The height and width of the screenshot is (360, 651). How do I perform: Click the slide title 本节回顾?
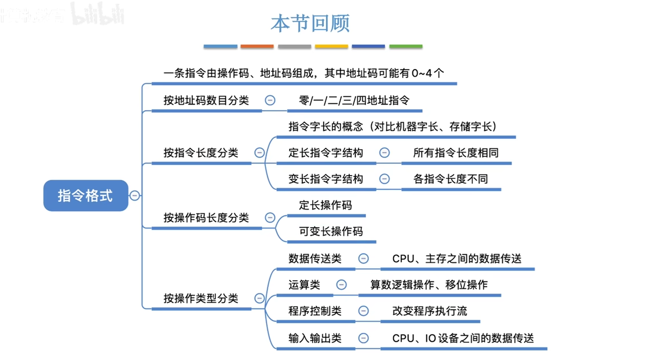[x=310, y=24]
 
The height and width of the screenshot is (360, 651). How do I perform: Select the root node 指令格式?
[x=86, y=196]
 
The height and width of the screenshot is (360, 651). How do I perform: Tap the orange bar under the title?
[x=257, y=46]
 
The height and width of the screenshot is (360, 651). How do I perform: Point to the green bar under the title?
[x=406, y=46]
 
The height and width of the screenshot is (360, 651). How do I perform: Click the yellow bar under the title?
[x=331, y=46]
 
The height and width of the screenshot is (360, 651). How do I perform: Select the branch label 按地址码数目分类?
[x=206, y=100]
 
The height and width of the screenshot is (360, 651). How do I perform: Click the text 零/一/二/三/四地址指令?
[x=354, y=100]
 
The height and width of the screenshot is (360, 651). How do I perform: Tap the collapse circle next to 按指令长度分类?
[x=260, y=153]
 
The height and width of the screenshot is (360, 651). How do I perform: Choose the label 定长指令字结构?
[x=326, y=153]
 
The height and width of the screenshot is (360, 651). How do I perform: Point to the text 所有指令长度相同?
[x=456, y=153]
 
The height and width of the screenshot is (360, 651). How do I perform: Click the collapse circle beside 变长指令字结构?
[x=384, y=178]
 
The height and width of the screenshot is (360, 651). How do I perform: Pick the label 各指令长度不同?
[x=451, y=178]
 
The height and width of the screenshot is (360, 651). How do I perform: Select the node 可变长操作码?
[x=331, y=231]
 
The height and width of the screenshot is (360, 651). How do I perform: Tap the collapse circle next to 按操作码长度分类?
[x=270, y=218]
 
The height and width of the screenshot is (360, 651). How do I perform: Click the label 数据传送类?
[x=315, y=259]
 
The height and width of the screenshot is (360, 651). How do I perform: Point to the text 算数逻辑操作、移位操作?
[x=429, y=284]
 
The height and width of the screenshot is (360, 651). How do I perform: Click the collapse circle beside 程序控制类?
[x=363, y=311]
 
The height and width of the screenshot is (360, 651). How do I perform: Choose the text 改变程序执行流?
[x=429, y=311]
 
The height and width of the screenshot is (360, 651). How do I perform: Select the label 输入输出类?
[x=315, y=338]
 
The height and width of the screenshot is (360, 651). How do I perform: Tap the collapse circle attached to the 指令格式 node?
[x=135, y=196]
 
